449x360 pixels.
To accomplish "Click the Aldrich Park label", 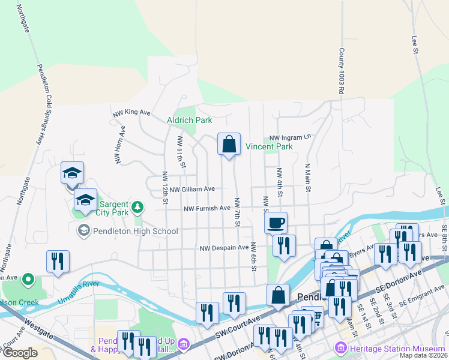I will [189, 120].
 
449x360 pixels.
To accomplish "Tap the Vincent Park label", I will [269, 146].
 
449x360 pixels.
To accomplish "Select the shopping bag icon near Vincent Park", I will [229, 145].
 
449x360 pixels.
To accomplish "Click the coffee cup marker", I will [276, 223].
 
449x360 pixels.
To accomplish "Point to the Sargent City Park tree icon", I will [138, 208].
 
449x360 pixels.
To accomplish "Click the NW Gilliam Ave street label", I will [192, 189].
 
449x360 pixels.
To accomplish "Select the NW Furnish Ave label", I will [207, 208].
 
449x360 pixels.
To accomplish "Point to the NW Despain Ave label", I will [224, 248].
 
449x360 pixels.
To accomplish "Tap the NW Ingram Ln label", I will [291, 137].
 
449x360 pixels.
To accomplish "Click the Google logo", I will [20, 353].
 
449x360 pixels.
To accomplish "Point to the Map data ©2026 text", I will [423, 355].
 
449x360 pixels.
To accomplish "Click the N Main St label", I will [307, 178].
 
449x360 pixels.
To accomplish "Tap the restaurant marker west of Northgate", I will [58, 262].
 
